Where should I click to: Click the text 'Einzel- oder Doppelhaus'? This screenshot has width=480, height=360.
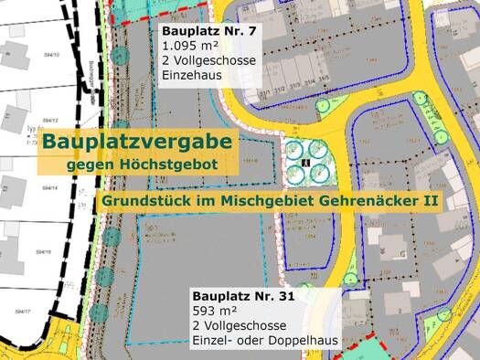pyautogui.click(x=265, y=341)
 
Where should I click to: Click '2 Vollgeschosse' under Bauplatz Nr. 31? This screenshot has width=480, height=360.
pyautogui.click(x=240, y=326)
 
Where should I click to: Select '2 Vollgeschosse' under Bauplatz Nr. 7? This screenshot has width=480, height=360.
pyautogui.click(x=209, y=59)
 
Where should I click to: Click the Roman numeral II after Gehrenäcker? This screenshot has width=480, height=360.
pyautogui.click(x=429, y=200)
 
